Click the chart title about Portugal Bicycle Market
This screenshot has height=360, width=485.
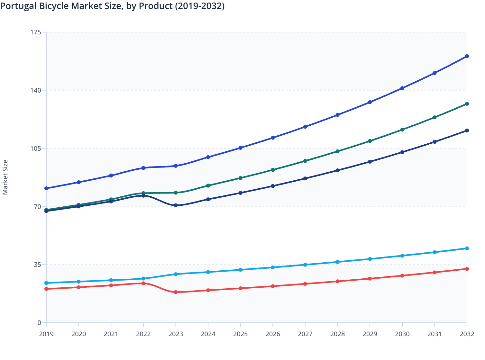click(112, 6)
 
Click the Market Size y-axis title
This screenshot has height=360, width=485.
click(5, 177)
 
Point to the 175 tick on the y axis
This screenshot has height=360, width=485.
click(36, 32)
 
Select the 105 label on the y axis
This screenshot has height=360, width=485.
click(36, 148)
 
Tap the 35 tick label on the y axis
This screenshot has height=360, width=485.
click(37, 265)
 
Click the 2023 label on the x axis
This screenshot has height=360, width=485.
click(176, 334)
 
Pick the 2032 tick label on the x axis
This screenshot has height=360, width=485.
click(467, 334)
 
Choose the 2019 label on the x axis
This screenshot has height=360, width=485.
click(46, 334)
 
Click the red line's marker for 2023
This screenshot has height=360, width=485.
click(176, 292)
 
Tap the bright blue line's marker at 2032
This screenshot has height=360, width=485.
click(467, 56)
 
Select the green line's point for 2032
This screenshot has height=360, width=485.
click(467, 104)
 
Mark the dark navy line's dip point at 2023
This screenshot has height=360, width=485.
click(176, 205)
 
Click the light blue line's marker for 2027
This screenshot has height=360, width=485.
click(305, 265)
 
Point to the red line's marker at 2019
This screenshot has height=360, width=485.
click(46, 289)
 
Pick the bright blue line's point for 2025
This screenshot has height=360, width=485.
click(240, 148)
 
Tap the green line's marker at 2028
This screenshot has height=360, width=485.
click(337, 151)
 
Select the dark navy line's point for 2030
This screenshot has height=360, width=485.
click(402, 152)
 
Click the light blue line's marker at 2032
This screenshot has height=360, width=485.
click(467, 248)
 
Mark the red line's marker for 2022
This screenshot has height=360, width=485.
click(143, 283)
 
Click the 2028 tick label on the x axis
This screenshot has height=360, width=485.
click(337, 334)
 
